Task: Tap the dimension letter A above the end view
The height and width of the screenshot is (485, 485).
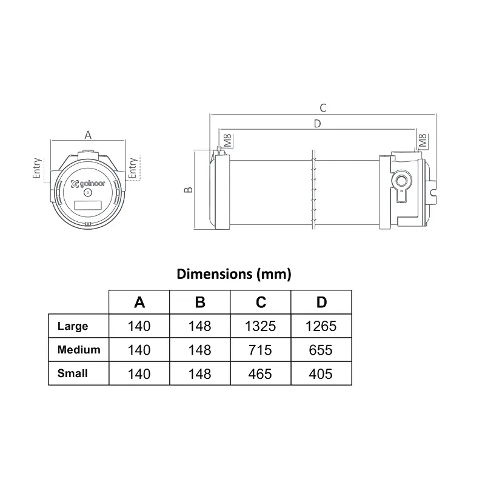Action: [88, 135]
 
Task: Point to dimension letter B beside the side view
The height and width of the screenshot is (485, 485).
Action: [189, 190]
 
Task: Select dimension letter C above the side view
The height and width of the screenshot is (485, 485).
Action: [323, 108]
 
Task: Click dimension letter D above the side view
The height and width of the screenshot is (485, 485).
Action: [317, 124]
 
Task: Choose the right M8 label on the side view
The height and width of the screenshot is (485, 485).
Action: [423, 141]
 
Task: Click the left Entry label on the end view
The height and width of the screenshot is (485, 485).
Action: [38, 169]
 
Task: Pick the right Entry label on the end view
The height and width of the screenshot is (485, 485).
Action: [133, 169]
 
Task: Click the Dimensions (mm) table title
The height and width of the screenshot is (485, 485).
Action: [234, 274]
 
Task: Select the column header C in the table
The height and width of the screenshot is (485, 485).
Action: [261, 303]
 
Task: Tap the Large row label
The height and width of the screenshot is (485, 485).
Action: [73, 326]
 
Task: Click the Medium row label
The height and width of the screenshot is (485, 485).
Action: [79, 350]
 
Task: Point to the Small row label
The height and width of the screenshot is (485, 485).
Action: [73, 373]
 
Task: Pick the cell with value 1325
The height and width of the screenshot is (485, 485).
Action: [261, 326]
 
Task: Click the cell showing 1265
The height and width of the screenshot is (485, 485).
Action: [321, 326]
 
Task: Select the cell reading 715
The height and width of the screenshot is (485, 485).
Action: [261, 350]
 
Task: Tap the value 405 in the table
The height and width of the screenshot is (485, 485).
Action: [321, 373]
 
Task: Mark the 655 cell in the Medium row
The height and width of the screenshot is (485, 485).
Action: [321, 350]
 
